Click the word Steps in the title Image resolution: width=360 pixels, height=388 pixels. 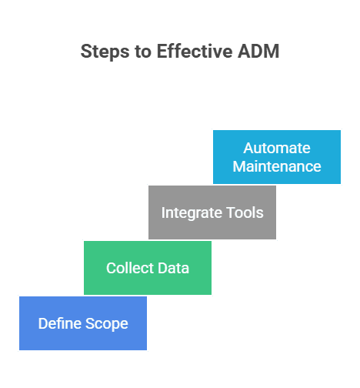(x=103, y=52)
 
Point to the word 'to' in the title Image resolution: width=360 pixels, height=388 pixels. (x=141, y=52)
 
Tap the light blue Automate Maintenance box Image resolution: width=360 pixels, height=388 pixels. (x=276, y=157)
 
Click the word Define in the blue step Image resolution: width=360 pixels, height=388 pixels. (x=58, y=323)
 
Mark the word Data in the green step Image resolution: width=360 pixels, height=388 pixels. (x=172, y=269)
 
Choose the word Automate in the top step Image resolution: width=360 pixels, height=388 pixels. (x=276, y=148)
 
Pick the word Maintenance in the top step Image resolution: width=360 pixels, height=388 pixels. (x=276, y=166)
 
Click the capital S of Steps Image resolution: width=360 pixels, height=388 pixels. (x=86, y=52)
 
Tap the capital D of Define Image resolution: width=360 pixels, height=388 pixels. (x=42, y=323)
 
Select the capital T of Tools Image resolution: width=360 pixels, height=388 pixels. (x=230, y=213)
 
